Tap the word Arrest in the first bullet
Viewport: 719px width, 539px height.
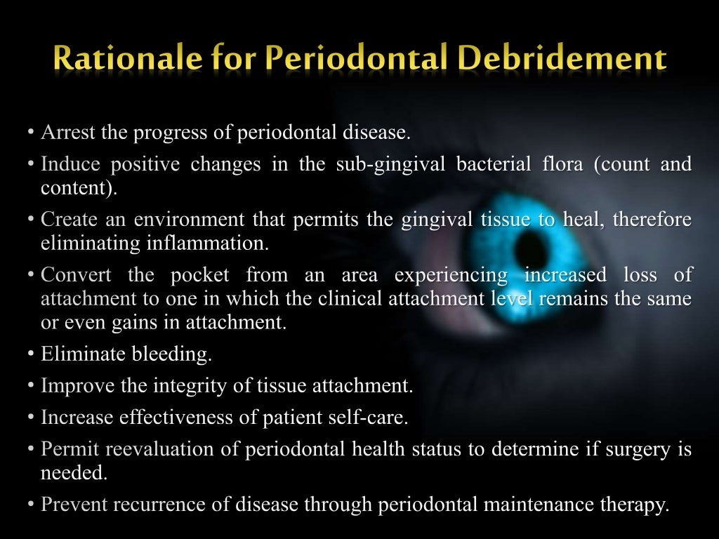pos(67,133)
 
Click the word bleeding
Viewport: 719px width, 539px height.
pos(172,354)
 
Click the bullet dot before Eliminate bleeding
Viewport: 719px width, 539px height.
pos(32,354)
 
